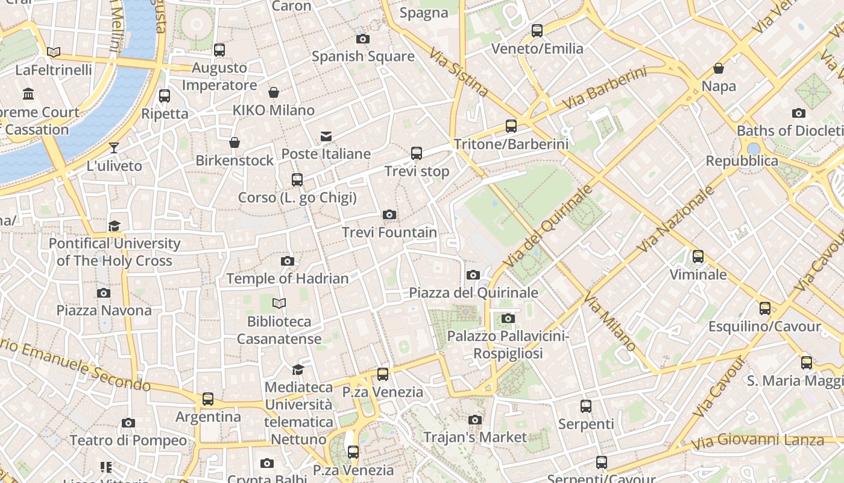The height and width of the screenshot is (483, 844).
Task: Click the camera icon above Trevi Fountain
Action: click(389, 214)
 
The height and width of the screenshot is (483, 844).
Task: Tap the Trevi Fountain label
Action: click(389, 232)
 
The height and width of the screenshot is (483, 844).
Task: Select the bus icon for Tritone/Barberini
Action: click(511, 126)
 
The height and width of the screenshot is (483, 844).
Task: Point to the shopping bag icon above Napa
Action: click(719, 68)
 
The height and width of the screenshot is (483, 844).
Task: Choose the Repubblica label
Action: click(742, 161)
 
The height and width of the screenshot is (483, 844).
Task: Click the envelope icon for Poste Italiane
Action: click(326, 136)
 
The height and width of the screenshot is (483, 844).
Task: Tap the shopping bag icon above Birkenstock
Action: click(235, 142)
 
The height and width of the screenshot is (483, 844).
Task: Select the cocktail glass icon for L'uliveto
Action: click(114, 148)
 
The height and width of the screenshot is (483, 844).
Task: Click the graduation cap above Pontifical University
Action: click(114, 226)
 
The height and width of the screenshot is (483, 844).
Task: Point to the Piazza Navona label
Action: click(104, 310)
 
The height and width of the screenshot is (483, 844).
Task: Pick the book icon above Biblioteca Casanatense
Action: click(279, 303)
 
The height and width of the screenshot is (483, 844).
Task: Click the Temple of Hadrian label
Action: click(288, 278)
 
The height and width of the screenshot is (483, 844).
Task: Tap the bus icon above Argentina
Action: click(208, 399)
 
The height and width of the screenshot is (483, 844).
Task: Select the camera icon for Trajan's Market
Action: click(475, 420)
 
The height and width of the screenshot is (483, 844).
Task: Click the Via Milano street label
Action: click(609, 322)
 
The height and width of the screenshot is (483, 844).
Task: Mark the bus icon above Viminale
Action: click(698, 257)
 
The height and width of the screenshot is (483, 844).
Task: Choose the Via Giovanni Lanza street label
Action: click(757, 441)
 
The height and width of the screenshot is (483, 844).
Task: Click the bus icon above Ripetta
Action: click(165, 96)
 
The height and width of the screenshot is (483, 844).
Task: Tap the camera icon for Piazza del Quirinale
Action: click(473, 275)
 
